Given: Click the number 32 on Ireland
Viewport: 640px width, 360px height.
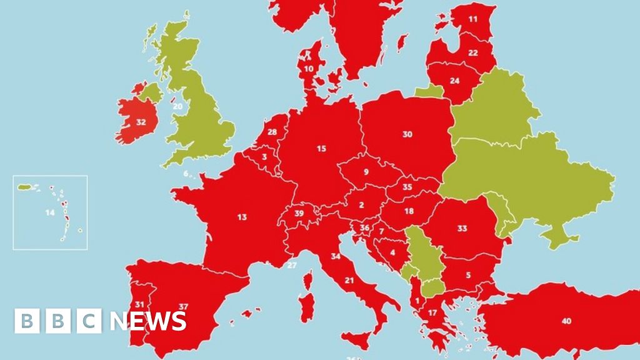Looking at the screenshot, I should click(x=141, y=122).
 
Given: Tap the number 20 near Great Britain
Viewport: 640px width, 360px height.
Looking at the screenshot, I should click(x=178, y=106).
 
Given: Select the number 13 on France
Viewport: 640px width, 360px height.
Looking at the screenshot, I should click(x=242, y=217).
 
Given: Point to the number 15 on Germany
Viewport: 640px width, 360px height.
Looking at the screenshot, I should click(x=322, y=149).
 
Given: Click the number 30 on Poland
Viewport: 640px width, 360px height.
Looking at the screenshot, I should click(x=407, y=134).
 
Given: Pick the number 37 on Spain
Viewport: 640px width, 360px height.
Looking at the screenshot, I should click(x=183, y=306).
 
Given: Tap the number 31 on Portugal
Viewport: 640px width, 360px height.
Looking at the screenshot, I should click(x=140, y=304).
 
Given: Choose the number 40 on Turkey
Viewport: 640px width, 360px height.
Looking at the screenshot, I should click(x=566, y=321).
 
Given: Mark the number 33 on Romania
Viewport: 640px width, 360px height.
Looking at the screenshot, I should click(x=462, y=229).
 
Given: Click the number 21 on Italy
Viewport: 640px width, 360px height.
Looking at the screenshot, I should click(x=349, y=280).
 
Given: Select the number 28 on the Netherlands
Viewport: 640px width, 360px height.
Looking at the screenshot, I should click(x=272, y=132).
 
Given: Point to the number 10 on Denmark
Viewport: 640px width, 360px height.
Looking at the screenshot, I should click(x=309, y=69).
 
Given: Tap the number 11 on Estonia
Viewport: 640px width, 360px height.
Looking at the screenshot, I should click(x=473, y=19).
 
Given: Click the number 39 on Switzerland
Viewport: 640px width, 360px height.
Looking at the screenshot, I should click(x=299, y=214).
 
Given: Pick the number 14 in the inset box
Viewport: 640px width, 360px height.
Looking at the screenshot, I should click(x=50, y=212).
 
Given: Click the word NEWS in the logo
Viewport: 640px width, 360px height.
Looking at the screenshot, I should click(x=149, y=321).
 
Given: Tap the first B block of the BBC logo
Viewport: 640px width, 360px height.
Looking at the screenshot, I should click(x=27, y=321).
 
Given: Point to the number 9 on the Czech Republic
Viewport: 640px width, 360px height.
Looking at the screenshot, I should click(x=366, y=172).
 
